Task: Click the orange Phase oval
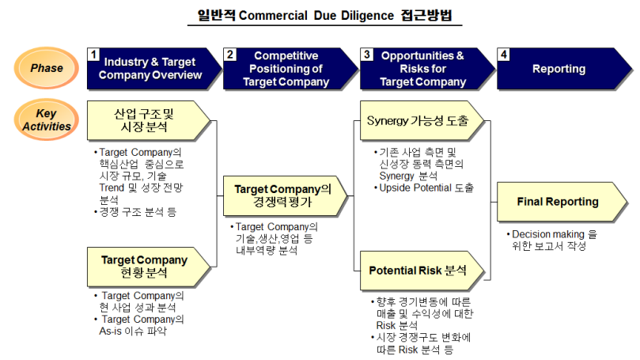47,68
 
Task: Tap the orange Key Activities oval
47,119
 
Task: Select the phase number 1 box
93,55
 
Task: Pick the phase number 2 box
230,55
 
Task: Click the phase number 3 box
367,55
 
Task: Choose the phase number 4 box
504,55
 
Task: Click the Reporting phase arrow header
559,69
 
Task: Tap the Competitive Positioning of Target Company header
286,69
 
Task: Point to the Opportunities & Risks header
422,69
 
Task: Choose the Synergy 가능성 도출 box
419,122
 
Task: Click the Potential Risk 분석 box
419,271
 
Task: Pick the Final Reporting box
557,202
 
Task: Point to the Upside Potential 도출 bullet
426,188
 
